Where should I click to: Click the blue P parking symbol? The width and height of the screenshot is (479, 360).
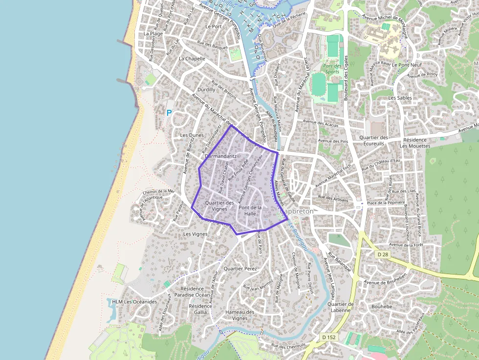click(x=170, y=113)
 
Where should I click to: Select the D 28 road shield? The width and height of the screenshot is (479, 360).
click(x=383, y=254)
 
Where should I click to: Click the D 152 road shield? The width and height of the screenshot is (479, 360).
click(x=328, y=337)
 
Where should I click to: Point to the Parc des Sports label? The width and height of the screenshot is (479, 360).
click(x=331, y=68)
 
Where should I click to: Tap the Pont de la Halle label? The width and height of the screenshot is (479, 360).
click(x=250, y=211)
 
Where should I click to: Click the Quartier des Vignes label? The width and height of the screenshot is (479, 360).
click(x=219, y=206)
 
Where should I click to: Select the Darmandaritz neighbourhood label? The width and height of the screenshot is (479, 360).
click(x=220, y=156)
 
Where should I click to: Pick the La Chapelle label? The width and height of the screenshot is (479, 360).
click(x=192, y=59)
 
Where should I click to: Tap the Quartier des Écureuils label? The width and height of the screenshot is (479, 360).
click(x=373, y=141)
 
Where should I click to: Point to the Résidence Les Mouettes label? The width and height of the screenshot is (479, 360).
click(x=415, y=143)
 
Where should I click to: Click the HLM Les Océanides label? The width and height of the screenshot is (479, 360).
click(x=134, y=301)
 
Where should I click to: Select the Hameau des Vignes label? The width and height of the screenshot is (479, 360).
click(x=239, y=315)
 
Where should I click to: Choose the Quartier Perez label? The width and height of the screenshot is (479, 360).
click(x=239, y=269)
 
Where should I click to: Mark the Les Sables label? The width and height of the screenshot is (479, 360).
click(x=400, y=98)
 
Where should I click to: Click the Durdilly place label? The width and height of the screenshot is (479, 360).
click(x=206, y=90)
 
